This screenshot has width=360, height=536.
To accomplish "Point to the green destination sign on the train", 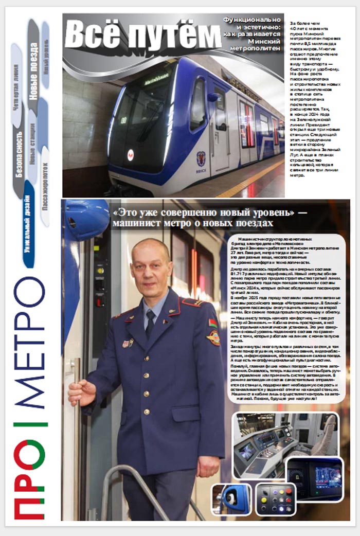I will (156, 81).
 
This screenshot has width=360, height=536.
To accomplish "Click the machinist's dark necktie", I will (150, 323).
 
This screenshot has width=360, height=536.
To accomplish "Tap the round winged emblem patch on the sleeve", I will (213, 337).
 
